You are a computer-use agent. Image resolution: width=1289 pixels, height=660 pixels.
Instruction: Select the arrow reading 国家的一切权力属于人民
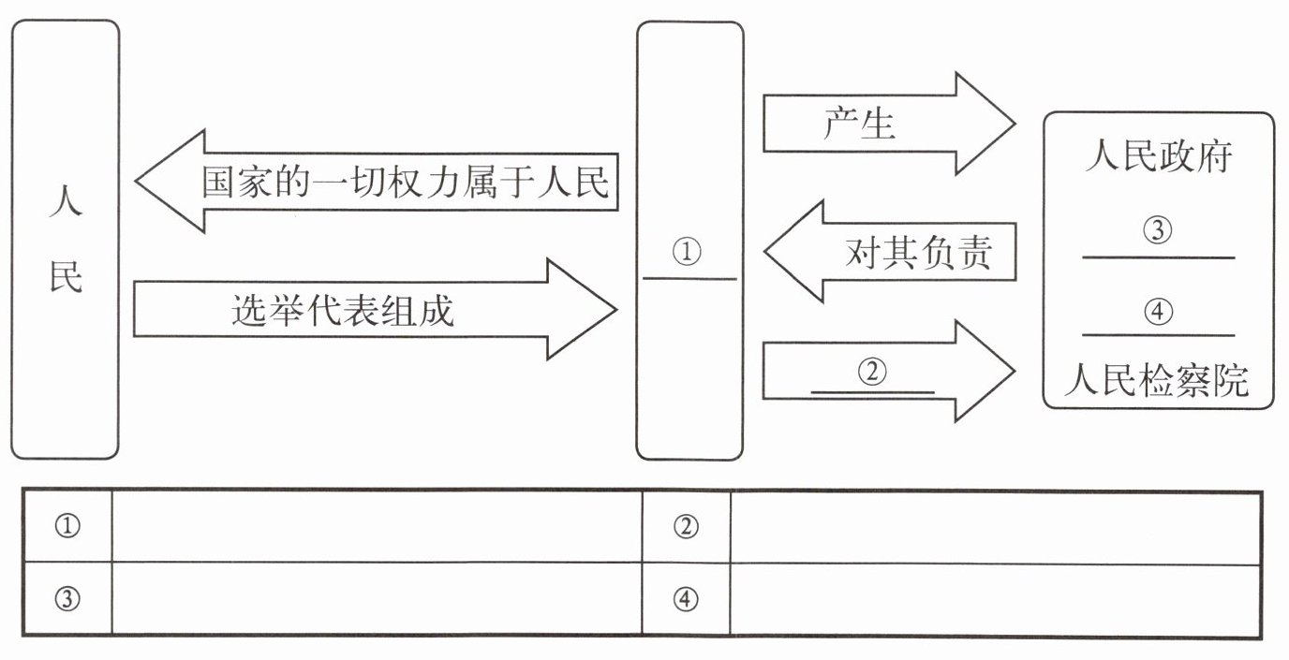[375, 181]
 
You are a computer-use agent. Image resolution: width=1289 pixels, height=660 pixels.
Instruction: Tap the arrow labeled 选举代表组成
[375, 310]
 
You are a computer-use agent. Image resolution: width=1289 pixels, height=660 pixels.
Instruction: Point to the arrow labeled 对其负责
[890, 252]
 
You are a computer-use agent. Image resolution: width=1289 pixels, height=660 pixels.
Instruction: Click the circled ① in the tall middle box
[688, 252]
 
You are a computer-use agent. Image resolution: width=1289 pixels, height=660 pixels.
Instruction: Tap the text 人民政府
[1158, 156]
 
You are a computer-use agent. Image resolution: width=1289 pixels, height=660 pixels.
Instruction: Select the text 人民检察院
[1158, 382]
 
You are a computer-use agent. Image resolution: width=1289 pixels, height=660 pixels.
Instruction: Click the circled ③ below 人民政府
[1159, 230]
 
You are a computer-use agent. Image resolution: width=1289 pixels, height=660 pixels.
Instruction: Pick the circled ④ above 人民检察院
[1159, 312]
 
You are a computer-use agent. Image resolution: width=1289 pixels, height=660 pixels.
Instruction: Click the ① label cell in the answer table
[67, 527]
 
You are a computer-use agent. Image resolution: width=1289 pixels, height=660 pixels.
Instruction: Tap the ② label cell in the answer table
[687, 527]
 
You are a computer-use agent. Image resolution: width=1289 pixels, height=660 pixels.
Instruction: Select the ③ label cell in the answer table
[67, 599]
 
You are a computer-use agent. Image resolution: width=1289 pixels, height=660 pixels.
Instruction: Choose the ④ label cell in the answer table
[687, 599]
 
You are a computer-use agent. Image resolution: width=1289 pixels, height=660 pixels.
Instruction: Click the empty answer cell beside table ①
[377, 527]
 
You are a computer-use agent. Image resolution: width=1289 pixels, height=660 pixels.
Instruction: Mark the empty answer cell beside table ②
[995, 527]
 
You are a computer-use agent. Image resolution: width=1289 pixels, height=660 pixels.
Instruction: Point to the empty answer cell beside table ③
[377, 599]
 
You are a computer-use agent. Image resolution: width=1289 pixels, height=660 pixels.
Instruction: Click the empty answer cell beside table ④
[995, 599]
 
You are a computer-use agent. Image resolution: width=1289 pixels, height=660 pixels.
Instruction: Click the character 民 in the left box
[66, 277]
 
